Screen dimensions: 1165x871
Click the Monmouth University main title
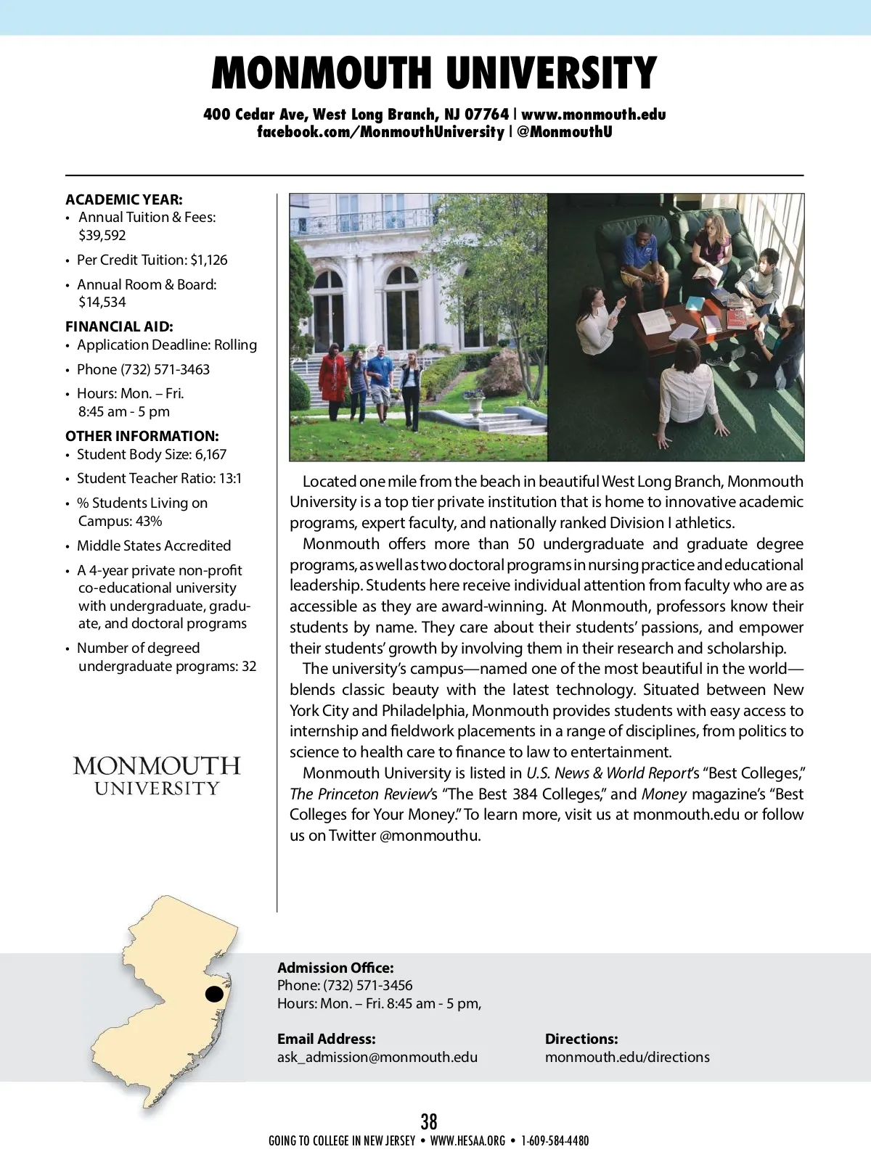pyautogui.click(x=434, y=73)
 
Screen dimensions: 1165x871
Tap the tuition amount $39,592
pyautogui.click(x=102, y=236)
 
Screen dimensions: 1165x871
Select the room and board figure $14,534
pyautogui.click(x=102, y=302)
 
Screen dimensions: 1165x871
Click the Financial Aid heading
pyautogui.click(x=119, y=326)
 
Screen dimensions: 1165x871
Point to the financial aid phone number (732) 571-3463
pyautogui.click(x=165, y=369)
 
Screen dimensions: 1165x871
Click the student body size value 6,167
pyautogui.click(x=210, y=455)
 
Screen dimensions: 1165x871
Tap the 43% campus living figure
pyautogui.click(x=149, y=522)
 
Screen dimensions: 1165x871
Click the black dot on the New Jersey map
pyautogui.click(x=214, y=994)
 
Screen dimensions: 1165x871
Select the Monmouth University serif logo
pyautogui.click(x=157, y=775)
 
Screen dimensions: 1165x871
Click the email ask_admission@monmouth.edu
pyautogui.click(x=377, y=1057)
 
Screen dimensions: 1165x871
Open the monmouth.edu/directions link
pyautogui.click(x=627, y=1057)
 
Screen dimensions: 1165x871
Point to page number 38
pyautogui.click(x=429, y=1121)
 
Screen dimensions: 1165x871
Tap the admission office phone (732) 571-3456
pyautogui.click(x=368, y=985)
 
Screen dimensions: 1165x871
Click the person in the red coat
pyautogui.click(x=333, y=377)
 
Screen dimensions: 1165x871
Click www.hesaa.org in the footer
pyautogui.click(x=467, y=1141)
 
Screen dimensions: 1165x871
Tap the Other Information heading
pyautogui.click(x=142, y=436)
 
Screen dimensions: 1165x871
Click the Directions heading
pyautogui.click(x=581, y=1039)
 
